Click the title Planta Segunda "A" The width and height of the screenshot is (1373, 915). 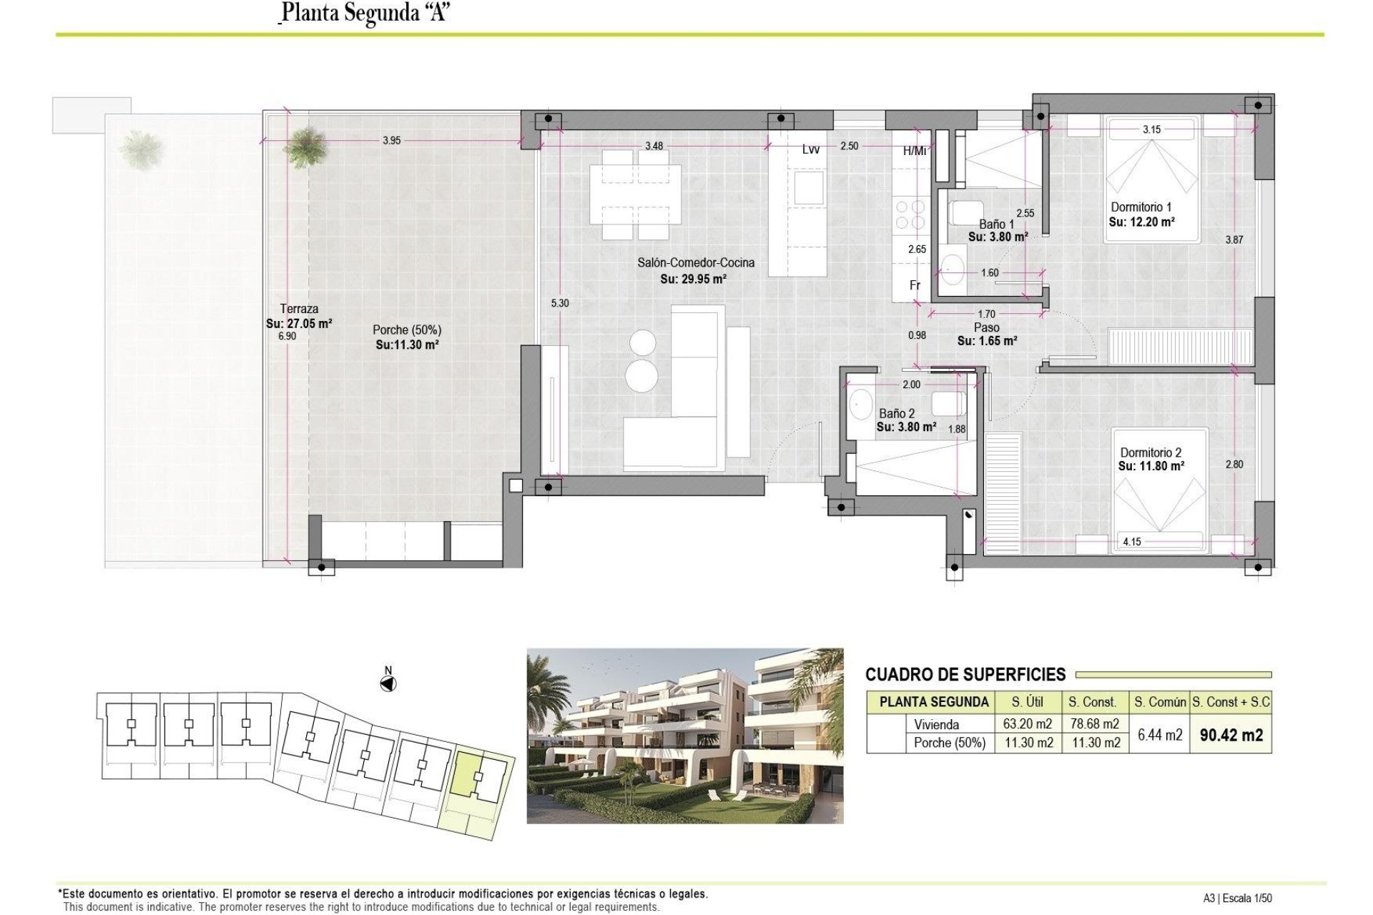365,13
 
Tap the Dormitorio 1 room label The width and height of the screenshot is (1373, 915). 1141,207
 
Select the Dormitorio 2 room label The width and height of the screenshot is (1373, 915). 1151,452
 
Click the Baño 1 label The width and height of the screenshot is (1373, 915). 996,224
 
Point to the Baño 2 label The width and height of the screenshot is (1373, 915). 897,413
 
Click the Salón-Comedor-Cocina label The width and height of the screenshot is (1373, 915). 695,263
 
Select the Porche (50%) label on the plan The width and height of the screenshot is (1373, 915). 406,330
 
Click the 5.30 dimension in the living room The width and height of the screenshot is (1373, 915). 560,303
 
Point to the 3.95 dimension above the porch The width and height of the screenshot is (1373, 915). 391,141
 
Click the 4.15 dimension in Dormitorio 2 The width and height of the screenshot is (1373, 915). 1132,542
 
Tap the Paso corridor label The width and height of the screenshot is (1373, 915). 987,327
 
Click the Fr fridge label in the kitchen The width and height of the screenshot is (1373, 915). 915,285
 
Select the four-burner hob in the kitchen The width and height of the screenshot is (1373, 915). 909,214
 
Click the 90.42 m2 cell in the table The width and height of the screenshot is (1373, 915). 1231,735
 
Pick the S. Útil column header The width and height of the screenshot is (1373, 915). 1027,702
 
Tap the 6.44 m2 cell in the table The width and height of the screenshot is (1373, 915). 1159,735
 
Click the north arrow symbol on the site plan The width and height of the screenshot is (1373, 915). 388,684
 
